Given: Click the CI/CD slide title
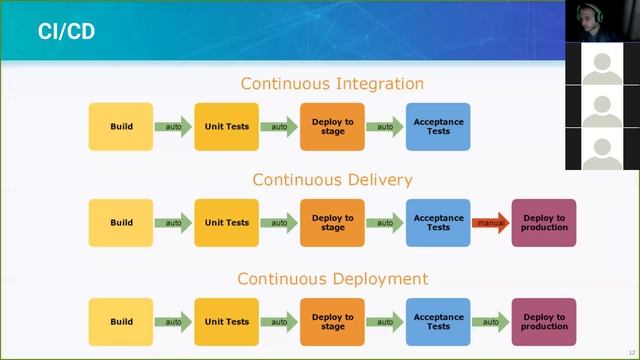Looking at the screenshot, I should (67, 31).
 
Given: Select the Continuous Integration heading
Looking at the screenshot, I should (332, 84).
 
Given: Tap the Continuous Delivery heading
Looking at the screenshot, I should (332, 180).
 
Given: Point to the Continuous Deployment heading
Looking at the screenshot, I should (332, 279).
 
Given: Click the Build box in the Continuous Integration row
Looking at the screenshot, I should (121, 127).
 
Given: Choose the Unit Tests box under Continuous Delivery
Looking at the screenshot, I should (227, 223).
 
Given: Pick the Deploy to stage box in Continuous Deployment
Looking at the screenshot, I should (333, 322).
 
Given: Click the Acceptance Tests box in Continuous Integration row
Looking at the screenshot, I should (438, 127).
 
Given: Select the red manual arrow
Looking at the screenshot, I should (490, 223).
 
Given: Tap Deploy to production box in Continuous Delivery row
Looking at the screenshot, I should (544, 223).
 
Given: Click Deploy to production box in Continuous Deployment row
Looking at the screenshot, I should (544, 322).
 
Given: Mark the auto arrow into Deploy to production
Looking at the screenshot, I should (490, 322).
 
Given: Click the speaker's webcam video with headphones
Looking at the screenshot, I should (601, 22).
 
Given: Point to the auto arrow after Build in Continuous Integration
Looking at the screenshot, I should (173, 127).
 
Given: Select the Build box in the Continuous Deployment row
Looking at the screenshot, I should (121, 322).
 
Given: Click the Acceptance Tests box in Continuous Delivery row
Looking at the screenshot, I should (438, 223).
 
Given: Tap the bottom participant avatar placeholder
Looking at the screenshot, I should (601, 149).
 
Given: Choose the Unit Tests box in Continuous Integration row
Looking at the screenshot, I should (227, 127).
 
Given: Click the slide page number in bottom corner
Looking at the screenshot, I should (631, 352).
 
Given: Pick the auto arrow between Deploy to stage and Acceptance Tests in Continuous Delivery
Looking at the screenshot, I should (385, 223).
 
